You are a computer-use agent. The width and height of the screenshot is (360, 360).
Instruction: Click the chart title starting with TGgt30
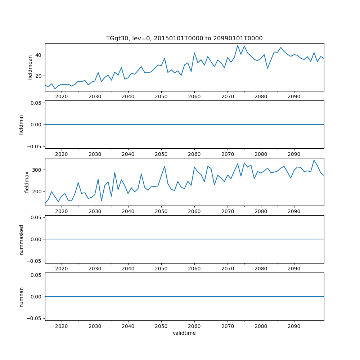[x=184, y=38]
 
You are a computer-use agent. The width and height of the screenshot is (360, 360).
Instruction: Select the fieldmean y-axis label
[x=30, y=67]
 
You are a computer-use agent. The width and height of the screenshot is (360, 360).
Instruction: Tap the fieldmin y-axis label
[x=21, y=125]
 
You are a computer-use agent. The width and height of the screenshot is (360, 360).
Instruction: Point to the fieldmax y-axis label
[x=27, y=182]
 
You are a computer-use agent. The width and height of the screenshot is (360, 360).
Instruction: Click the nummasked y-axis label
[x=21, y=239]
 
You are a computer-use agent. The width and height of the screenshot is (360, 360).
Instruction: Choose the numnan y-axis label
[x=21, y=297]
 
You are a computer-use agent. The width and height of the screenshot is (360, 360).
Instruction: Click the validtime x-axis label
[x=184, y=333]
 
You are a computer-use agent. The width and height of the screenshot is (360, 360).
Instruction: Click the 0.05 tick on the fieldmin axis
[x=36, y=103]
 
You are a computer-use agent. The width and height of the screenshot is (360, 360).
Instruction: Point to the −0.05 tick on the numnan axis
[x=35, y=318]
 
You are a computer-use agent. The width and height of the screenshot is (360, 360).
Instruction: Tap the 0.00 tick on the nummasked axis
[x=36, y=239]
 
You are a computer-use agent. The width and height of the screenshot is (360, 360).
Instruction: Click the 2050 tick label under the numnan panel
[x=161, y=326]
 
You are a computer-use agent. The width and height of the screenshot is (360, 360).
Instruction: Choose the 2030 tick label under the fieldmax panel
[x=95, y=211]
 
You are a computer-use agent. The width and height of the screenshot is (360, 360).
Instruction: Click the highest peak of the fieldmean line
[x=238, y=45]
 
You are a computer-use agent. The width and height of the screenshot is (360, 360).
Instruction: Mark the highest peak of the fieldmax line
[x=314, y=160]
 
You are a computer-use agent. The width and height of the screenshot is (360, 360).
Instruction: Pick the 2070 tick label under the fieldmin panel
[x=228, y=154]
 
